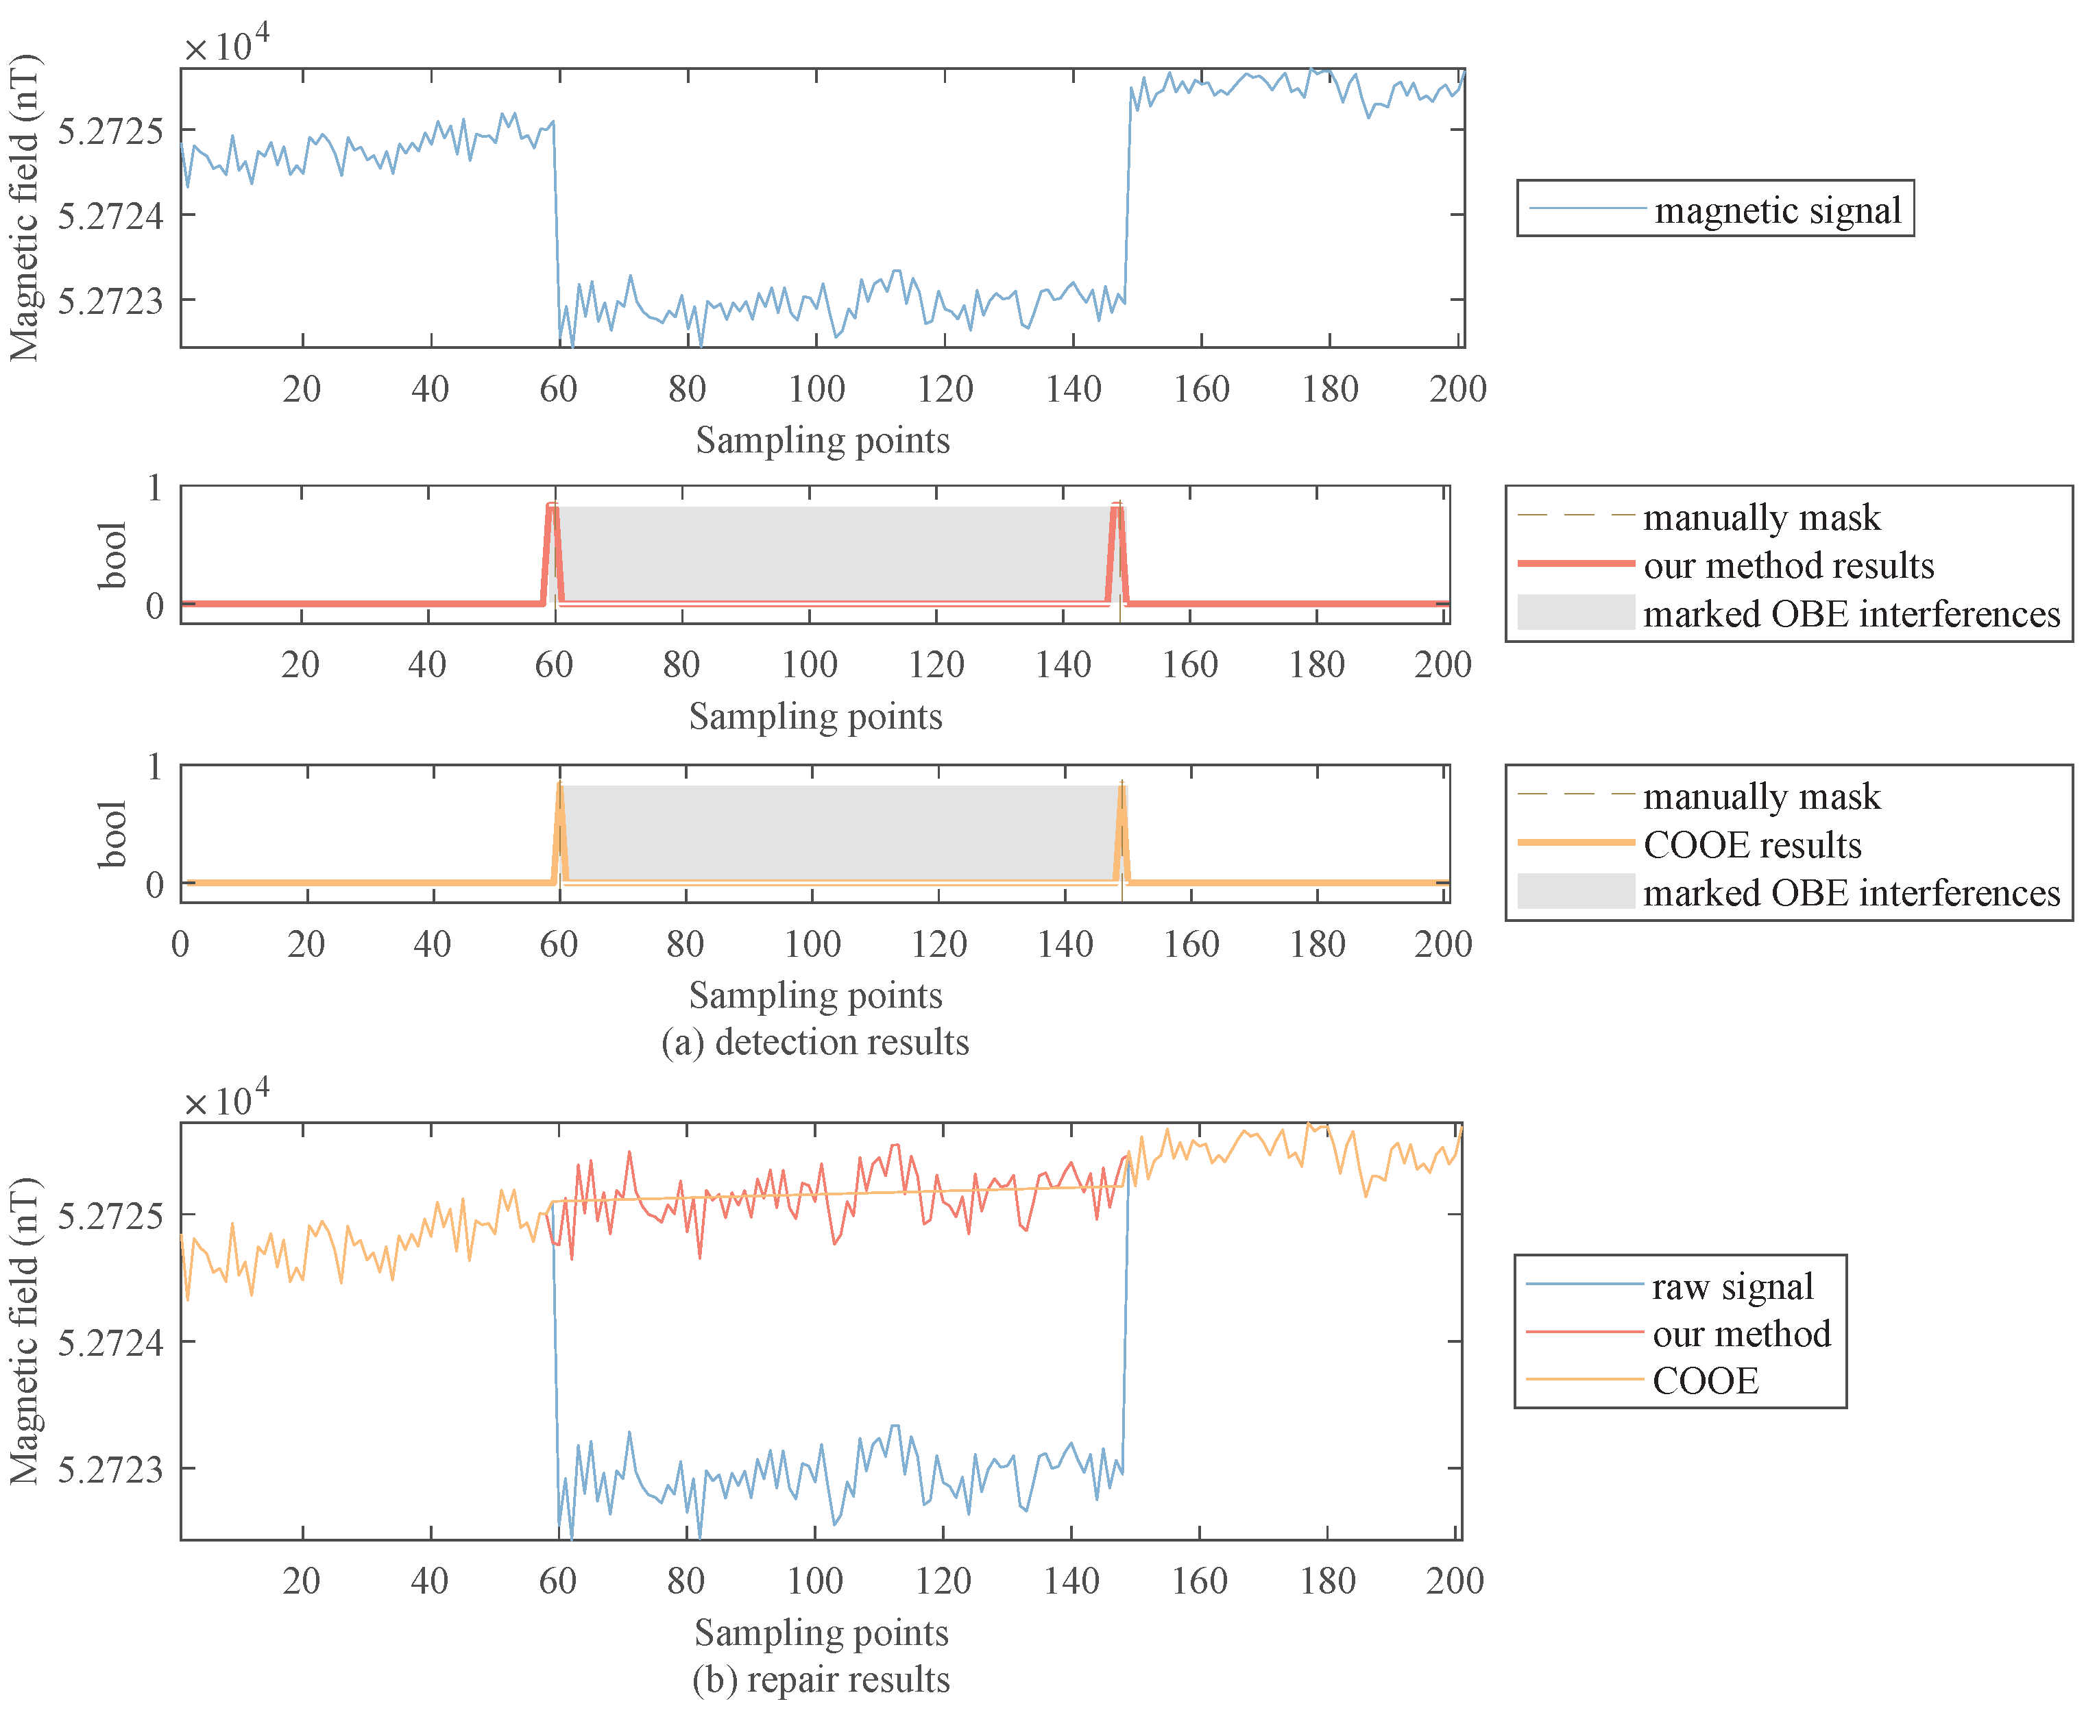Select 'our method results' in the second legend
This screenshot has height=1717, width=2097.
1789,565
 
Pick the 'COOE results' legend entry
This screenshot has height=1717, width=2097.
1751,844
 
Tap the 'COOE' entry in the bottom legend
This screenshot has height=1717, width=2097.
1706,1380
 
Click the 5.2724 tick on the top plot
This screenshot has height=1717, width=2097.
110,215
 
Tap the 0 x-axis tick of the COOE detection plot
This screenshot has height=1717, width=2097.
180,944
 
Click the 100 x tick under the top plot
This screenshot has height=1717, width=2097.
816,389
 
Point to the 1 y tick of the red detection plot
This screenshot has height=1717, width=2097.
154,487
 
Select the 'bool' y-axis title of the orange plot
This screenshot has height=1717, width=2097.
112,833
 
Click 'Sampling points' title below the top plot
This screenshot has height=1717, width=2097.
822,440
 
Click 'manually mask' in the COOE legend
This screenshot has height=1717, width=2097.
1760,796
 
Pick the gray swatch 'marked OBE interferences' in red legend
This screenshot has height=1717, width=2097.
1576,612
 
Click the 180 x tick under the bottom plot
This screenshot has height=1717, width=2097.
1327,1581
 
